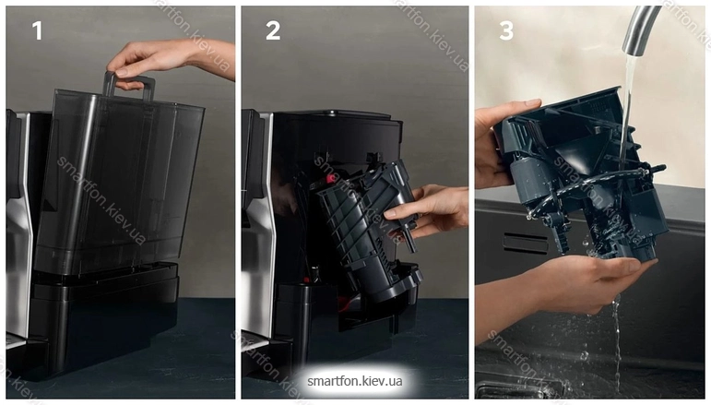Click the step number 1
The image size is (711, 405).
[x=37, y=30]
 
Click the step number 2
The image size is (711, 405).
[x=273, y=30]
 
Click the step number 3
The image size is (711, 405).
[x=506, y=30]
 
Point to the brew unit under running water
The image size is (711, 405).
[x=585, y=177]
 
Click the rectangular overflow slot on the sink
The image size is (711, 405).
[x=525, y=243]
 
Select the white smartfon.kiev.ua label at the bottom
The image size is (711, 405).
[x=355, y=381]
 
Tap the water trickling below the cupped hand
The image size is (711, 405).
[x=617, y=345]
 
